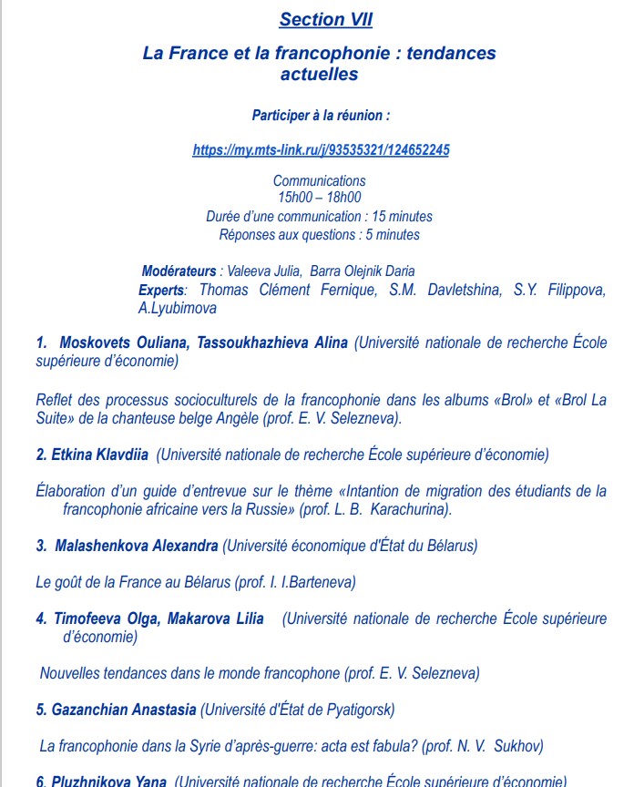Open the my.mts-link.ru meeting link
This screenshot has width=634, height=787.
click(321, 150)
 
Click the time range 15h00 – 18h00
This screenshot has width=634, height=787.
click(319, 197)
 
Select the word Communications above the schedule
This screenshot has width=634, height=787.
click(319, 180)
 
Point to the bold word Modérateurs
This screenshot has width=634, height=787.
click(179, 271)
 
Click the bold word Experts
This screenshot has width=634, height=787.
click(160, 290)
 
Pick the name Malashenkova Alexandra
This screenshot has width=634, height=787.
click(137, 546)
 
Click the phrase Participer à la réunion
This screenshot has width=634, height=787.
click(321, 116)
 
